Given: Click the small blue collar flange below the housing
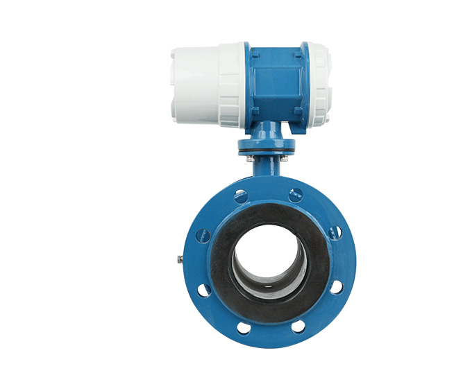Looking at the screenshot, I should (x=267, y=146).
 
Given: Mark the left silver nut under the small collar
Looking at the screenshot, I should (x=250, y=158).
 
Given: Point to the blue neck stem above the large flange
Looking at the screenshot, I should (x=267, y=169).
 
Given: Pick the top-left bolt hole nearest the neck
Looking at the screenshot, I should (x=241, y=196).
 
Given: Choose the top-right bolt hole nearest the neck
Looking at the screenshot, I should (x=296, y=195).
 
